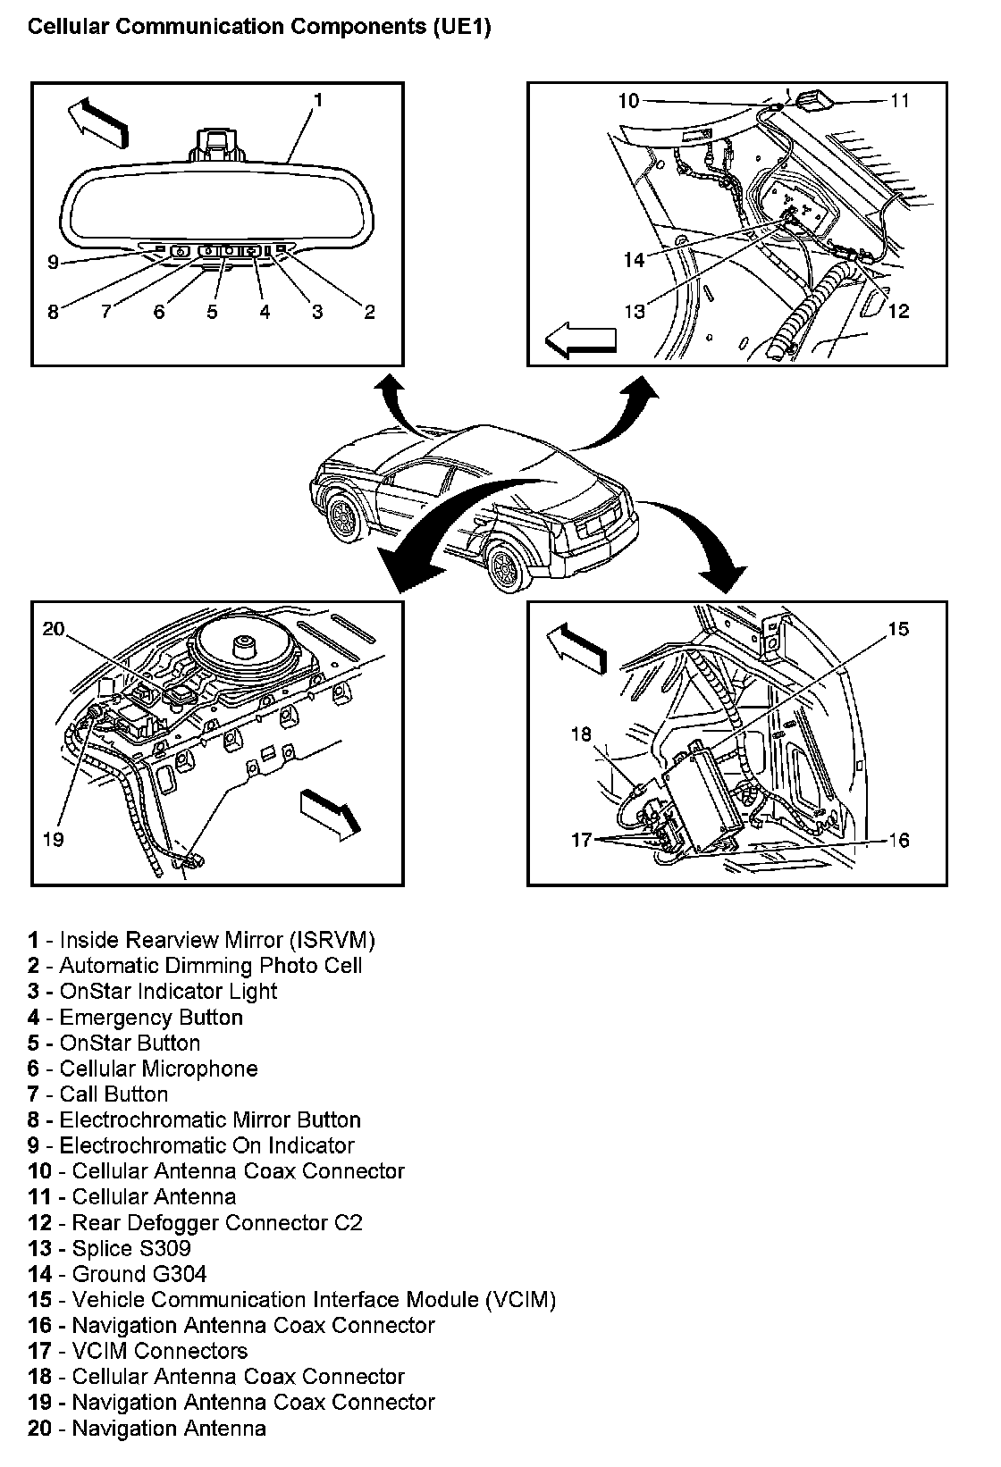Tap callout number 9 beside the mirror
pos(53,262)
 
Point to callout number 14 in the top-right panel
pos(634,259)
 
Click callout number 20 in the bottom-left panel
pos(55,629)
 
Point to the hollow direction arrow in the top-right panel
pos(582,340)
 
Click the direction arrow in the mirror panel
pos(97,119)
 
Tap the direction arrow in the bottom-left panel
pos(331,812)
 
